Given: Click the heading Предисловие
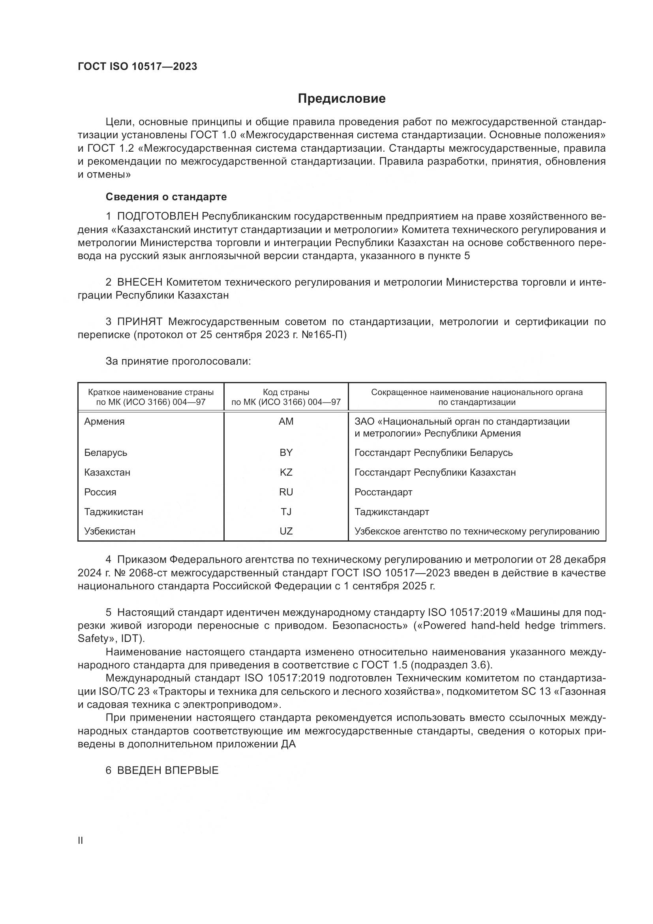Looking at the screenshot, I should click(342, 99).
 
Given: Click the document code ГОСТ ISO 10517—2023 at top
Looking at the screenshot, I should click(137, 67).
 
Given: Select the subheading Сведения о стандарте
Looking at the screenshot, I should click(166, 197).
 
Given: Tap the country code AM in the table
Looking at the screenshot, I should click(286, 422).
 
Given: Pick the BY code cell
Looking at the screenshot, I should click(286, 452).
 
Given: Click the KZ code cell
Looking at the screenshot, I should click(286, 472).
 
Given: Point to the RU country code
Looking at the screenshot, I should click(286, 492).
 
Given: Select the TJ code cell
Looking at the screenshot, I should click(286, 512).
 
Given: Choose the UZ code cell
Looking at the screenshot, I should click(286, 531).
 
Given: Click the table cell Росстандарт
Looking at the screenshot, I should click(383, 492).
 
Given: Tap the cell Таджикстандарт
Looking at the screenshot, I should click(392, 512).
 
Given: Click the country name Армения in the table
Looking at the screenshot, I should click(104, 422).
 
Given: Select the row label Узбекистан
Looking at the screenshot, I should click(109, 531).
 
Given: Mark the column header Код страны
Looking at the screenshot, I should click(286, 392).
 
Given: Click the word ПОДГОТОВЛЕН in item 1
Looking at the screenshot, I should click(158, 216).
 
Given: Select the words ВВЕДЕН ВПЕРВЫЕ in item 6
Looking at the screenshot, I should click(168, 770).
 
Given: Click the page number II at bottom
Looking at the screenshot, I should click(80, 840).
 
